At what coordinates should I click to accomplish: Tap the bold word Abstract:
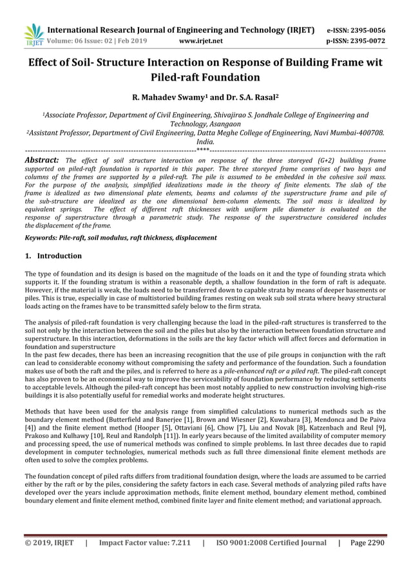pyautogui.click(x=42, y=160)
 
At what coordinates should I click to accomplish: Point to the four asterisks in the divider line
pyautogui.click(x=203, y=151)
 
